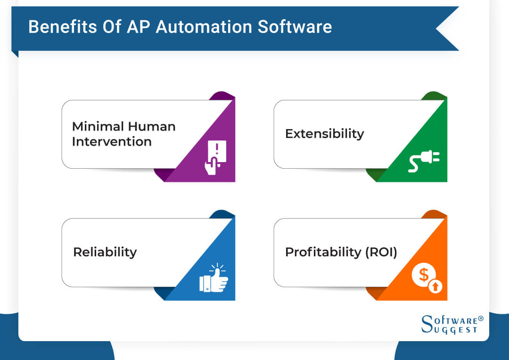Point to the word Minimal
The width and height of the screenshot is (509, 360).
(x=97, y=127)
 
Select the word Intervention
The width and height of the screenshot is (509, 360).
(x=112, y=141)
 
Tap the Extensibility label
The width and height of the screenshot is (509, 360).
(x=324, y=134)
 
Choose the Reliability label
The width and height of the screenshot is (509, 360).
(x=105, y=252)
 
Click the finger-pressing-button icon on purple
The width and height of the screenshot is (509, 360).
(x=215, y=157)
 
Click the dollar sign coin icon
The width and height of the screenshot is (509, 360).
(x=423, y=276)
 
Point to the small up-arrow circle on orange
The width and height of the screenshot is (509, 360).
(x=436, y=286)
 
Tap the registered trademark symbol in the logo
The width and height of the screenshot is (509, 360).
(x=481, y=319)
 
